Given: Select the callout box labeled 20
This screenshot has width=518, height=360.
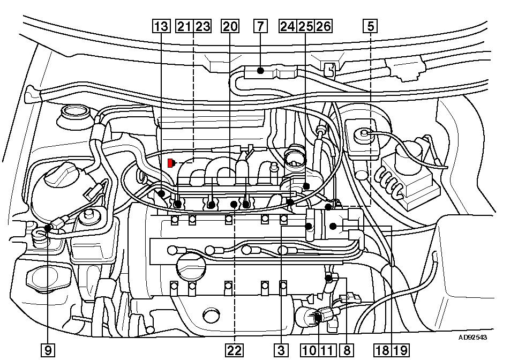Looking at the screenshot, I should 230,26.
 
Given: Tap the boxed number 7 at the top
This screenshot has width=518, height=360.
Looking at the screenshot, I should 260,26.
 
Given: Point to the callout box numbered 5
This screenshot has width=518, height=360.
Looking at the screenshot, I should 371,26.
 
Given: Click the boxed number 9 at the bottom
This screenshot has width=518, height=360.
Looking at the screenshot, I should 48,350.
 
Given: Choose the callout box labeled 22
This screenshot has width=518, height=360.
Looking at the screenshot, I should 234,350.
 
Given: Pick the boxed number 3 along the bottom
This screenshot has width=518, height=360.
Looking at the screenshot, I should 281,350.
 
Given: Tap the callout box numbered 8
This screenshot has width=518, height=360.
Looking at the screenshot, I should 347,350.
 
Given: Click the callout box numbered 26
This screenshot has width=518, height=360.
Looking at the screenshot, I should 323,26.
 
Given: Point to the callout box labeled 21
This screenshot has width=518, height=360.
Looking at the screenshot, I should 184,26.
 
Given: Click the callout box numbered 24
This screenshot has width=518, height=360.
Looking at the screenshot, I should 288,26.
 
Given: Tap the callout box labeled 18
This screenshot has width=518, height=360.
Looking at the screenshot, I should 382,350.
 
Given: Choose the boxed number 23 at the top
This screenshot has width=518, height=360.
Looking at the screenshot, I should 202,26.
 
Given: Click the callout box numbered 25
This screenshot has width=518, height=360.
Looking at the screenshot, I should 305,26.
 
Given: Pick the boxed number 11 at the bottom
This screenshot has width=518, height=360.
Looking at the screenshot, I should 327,350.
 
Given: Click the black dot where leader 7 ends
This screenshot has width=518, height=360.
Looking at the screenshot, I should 260,70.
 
